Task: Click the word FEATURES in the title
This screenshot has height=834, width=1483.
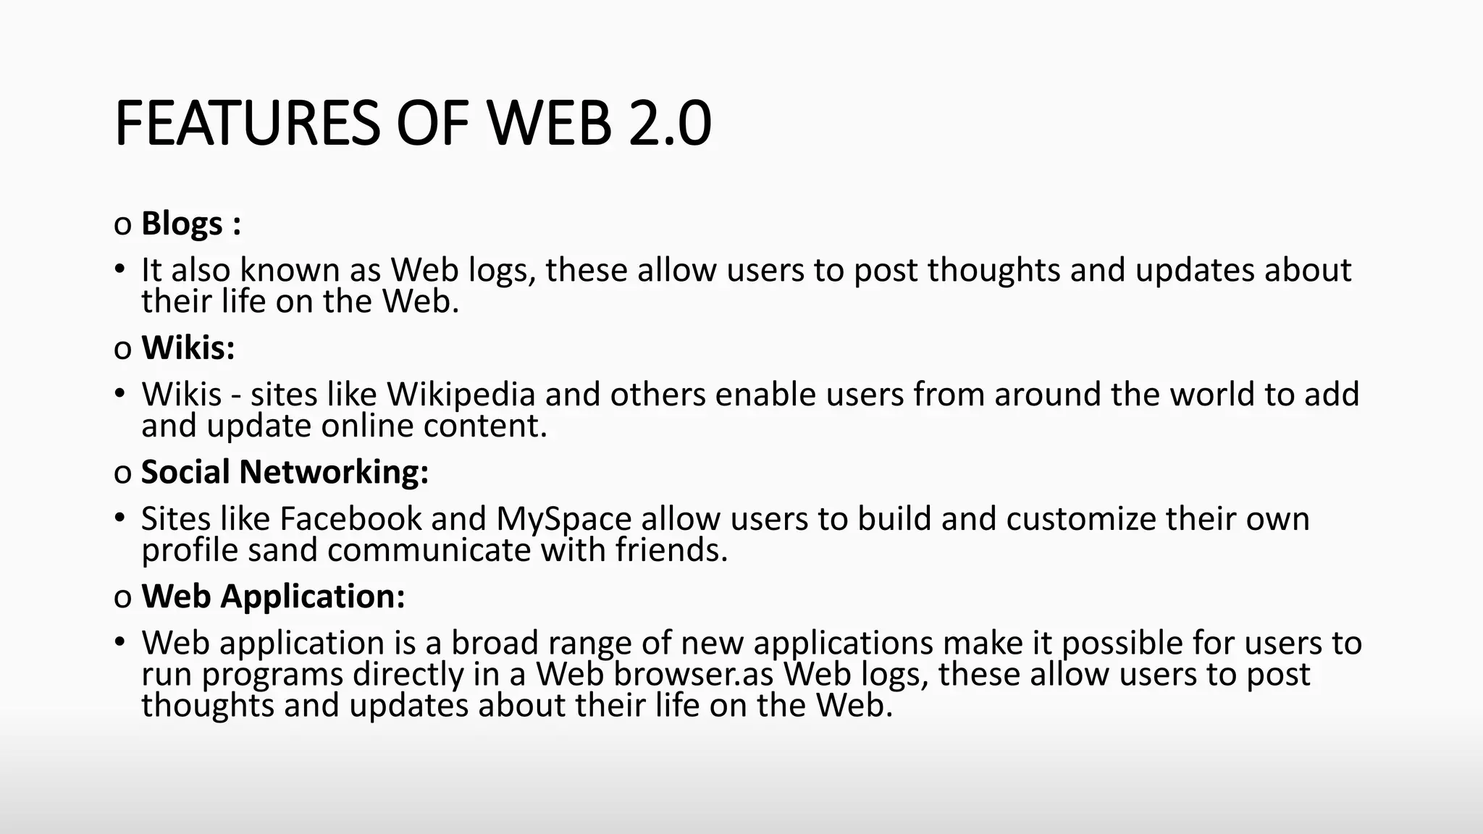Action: tap(247, 124)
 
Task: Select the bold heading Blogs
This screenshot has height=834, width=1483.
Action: tap(182, 224)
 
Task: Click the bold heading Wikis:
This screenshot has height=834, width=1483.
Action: tap(188, 348)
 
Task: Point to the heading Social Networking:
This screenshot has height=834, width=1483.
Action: tap(285, 472)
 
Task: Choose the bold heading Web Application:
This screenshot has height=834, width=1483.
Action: tap(273, 597)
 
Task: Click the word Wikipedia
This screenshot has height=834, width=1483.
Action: tap(461, 395)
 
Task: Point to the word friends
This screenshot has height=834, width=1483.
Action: tap(671, 550)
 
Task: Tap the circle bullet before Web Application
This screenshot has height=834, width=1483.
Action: tap(122, 598)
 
